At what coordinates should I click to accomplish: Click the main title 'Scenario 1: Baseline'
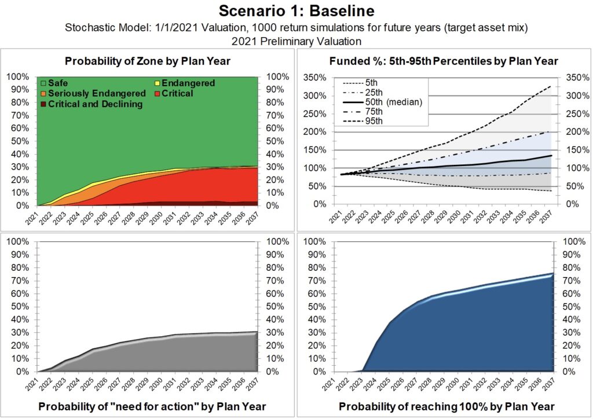[x=296, y=10]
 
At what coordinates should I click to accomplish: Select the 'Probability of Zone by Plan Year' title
[x=148, y=61]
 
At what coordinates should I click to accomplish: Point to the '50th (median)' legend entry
[x=391, y=102]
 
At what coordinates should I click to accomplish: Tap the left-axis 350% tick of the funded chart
[x=315, y=77]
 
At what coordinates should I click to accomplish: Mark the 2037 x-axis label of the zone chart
[x=253, y=220]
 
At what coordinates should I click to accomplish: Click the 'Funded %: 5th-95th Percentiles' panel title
[x=444, y=61]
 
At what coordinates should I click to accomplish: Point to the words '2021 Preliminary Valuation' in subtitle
[x=296, y=41]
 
